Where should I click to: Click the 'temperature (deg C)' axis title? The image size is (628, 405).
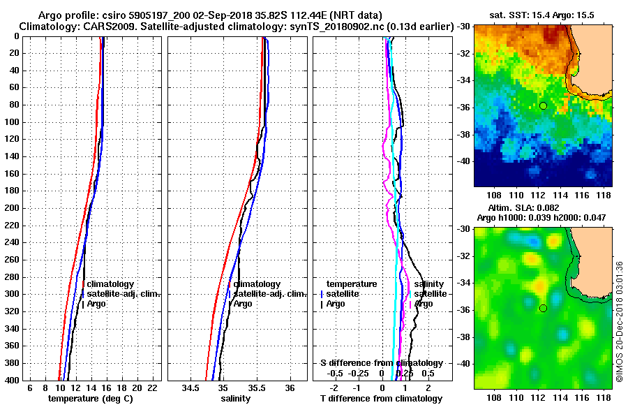click(90, 398)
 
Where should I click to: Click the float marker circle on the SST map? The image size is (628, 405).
click(543, 105)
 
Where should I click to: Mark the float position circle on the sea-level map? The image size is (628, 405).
click(543, 308)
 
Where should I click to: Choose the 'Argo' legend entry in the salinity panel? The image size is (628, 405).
click(243, 304)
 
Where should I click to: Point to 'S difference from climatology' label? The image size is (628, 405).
click(381, 363)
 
